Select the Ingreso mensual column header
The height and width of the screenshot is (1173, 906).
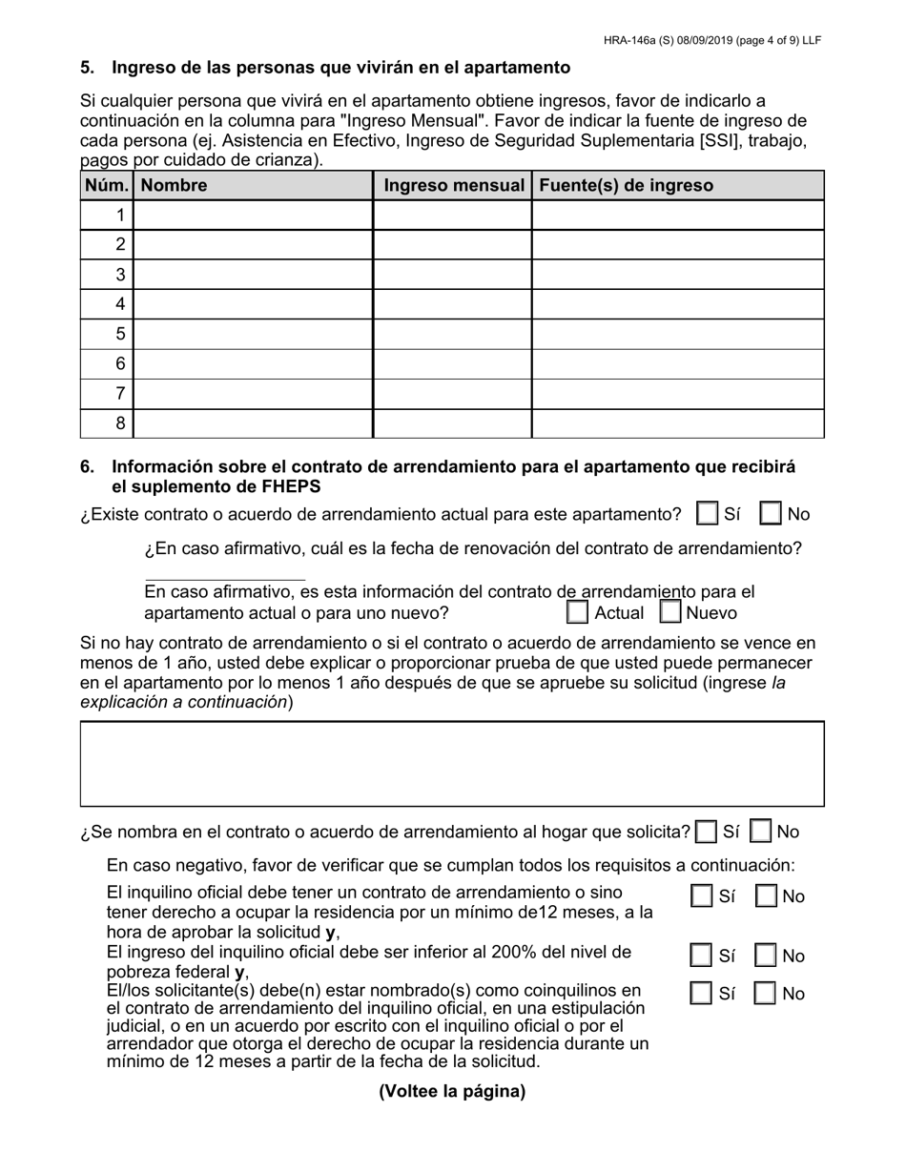(453, 185)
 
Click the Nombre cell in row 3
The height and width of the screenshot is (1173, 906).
(253, 275)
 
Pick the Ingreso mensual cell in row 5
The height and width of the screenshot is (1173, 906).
(452, 334)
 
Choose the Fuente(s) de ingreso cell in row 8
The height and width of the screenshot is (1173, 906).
(677, 423)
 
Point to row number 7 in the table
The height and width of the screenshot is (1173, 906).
(120, 394)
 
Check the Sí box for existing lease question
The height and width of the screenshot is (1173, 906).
(708, 514)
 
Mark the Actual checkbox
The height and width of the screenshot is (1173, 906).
(577, 612)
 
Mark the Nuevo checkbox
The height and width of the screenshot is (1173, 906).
(670, 612)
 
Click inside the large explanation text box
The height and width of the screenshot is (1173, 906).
(452, 764)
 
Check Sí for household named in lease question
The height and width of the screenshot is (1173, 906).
(707, 832)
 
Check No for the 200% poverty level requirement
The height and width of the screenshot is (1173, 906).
(765, 956)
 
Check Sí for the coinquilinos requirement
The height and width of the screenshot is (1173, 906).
(701, 994)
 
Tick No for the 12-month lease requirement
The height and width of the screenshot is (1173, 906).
(765, 896)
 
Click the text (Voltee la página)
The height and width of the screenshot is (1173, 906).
(452, 1092)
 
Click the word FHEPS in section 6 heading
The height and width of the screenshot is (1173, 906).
(289, 486)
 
